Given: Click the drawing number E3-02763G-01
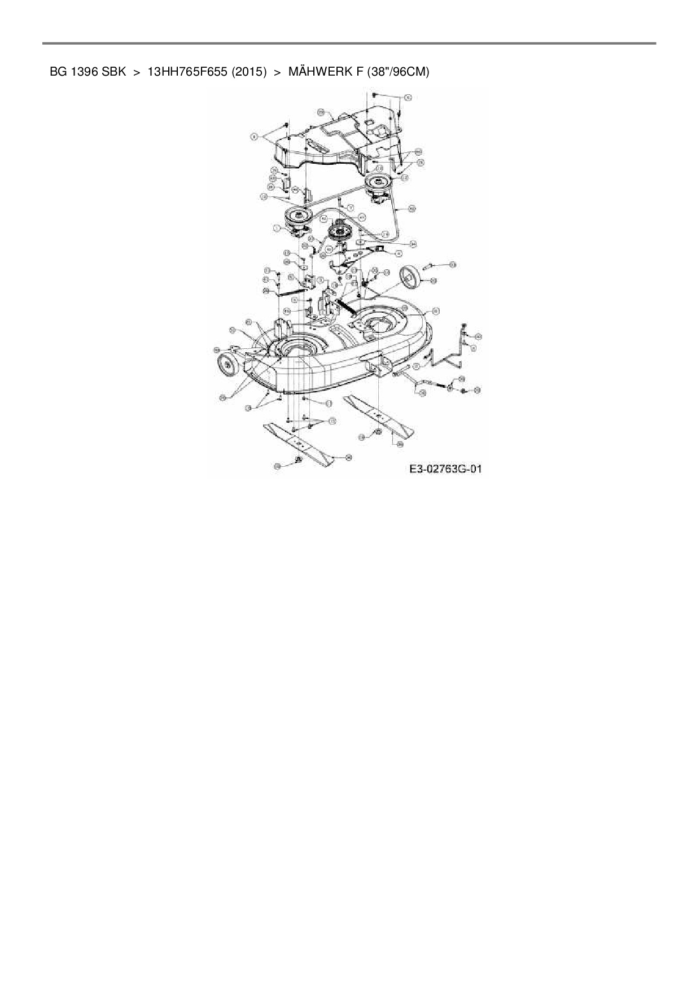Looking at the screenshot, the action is [445, 469].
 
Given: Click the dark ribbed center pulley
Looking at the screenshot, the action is [341, 232].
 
